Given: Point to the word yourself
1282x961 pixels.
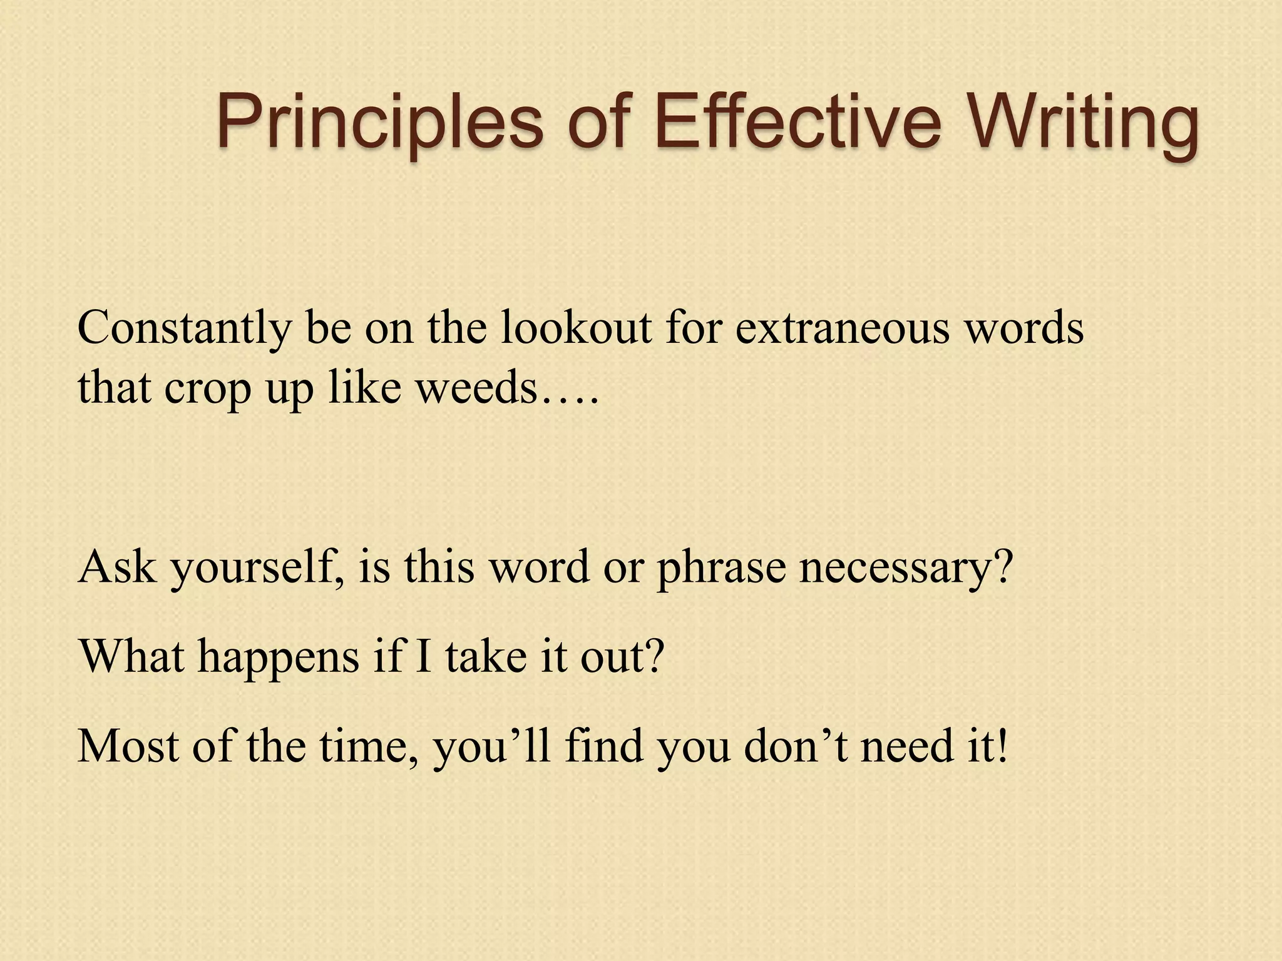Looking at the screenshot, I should click(x=257, y=569).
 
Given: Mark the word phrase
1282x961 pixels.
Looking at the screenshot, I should click(x=720, y=569).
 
